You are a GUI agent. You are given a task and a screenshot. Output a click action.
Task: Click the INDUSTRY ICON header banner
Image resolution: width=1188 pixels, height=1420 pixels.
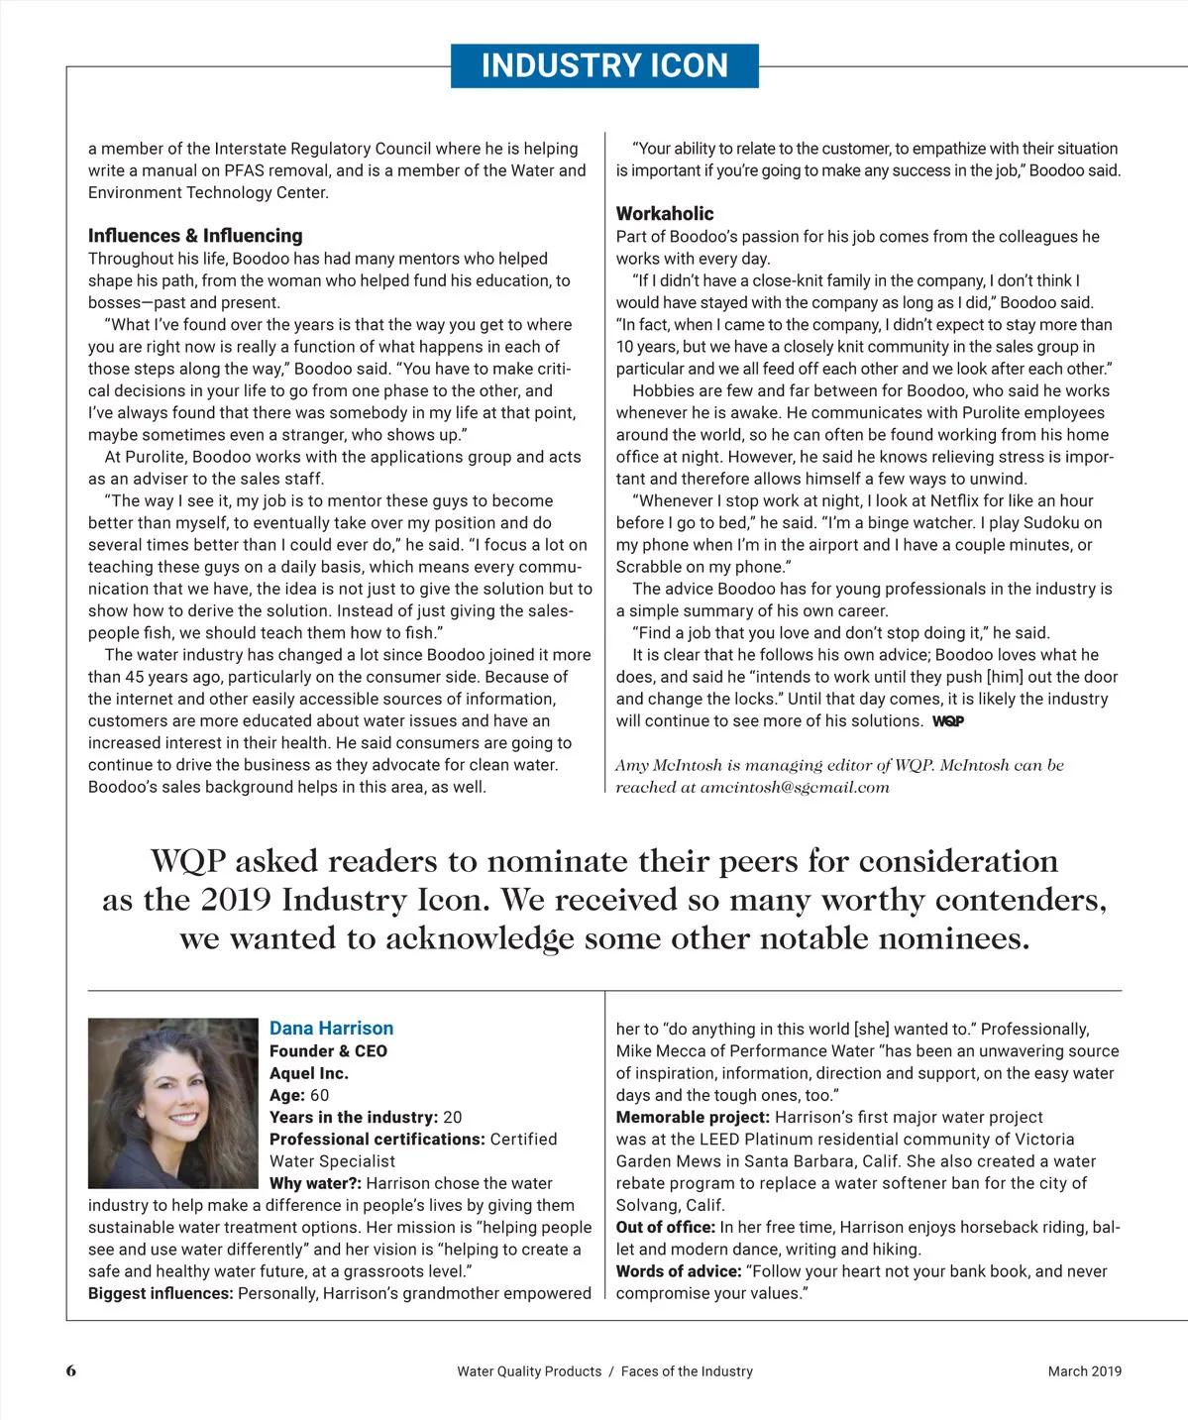click(x=604, y=65)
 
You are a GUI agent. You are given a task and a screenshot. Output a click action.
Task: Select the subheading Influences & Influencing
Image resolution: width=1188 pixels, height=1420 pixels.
click(x=195, y=236)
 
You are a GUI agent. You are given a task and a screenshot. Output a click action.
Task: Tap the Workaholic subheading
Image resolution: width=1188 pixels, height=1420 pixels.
click(x=664, y=213)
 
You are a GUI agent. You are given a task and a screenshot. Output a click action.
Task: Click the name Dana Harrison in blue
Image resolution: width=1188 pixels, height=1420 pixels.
click(x=331, y=1029)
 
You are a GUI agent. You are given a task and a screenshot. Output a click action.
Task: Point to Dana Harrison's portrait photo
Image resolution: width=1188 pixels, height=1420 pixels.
click(x=172, y=1103)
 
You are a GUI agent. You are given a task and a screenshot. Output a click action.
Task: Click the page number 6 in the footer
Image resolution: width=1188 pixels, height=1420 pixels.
click(x=71, y=1371)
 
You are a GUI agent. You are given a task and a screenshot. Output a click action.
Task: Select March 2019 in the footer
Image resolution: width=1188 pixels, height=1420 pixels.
click(x=1084, y=1371)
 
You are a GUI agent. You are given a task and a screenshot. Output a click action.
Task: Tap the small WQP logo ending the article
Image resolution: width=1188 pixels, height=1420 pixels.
click(x=947, y=721)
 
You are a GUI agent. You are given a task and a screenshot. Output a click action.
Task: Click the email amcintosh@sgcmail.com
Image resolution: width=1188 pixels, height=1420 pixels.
click(x=795, y=788)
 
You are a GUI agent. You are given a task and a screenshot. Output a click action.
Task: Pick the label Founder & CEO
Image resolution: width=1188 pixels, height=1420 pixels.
click(x=328, y=1051)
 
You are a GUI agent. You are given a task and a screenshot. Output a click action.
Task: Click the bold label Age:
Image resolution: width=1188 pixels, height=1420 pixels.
click(x=287, y=1095)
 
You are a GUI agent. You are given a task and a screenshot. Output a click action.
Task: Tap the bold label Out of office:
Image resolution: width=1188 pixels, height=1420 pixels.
click(x=665, y=1227)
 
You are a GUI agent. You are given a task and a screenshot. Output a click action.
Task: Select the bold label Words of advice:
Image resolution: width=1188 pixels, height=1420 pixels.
click(x=678, y=1271)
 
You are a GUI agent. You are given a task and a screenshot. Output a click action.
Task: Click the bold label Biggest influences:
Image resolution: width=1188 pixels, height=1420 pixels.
click(x=161, y=1293)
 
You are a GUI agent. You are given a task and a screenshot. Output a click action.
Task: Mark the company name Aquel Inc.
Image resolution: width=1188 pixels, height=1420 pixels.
click(x=309, y=1073)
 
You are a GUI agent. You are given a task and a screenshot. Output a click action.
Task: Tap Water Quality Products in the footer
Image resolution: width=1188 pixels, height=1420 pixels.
click(x=529, y=1371)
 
